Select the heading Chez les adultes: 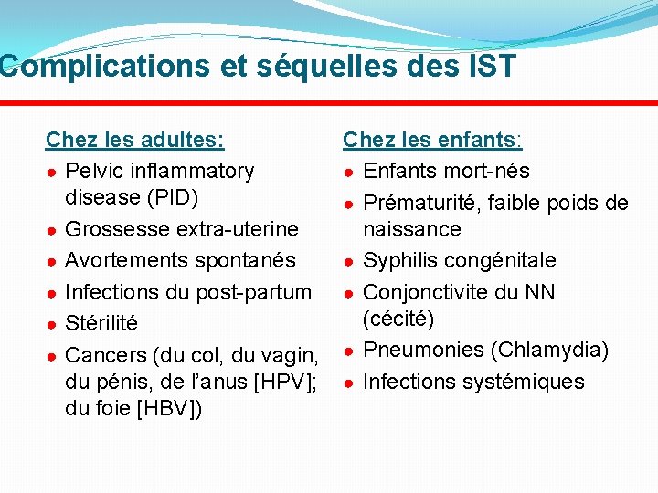[135, 140]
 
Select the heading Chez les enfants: [432, 140]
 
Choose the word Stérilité [101, 323]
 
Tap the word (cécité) [398, 319]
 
